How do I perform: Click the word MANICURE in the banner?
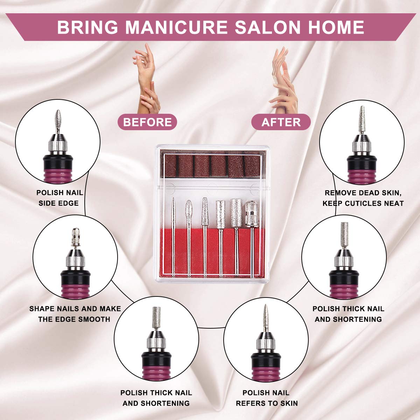click(x=177, y=27)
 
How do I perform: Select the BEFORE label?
click(x=147, y=122)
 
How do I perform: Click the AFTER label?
click(x=281, y=122)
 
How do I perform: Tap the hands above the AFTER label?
click(x=283, y=79)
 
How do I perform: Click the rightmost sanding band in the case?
click(x=252, y=167)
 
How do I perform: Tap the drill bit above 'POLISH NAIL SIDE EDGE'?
click(x=58, y=121)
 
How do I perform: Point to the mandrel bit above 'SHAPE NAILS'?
click(x=75, y=239)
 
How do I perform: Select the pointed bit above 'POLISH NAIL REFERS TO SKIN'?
click(x=265, y=318)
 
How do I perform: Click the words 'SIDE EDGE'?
click(x=58, y=203)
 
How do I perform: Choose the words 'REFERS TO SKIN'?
click(x=267, y=404)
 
